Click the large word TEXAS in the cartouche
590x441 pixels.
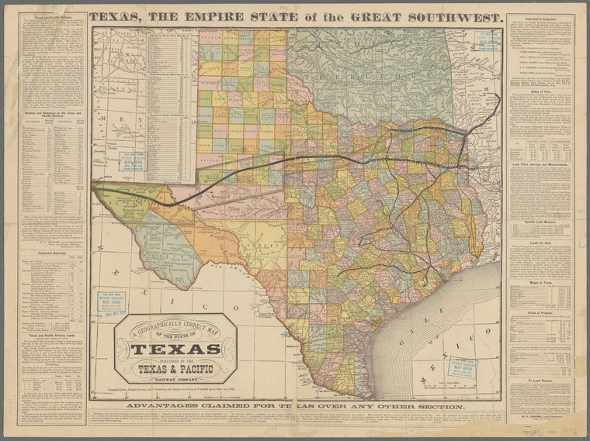click(175, 349)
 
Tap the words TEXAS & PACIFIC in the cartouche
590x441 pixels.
click(175, 369)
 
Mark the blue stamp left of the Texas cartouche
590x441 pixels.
click(110, 302)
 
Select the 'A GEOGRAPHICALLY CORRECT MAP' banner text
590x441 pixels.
click(175, 329)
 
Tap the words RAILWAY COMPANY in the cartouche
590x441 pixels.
click(175, 381)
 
